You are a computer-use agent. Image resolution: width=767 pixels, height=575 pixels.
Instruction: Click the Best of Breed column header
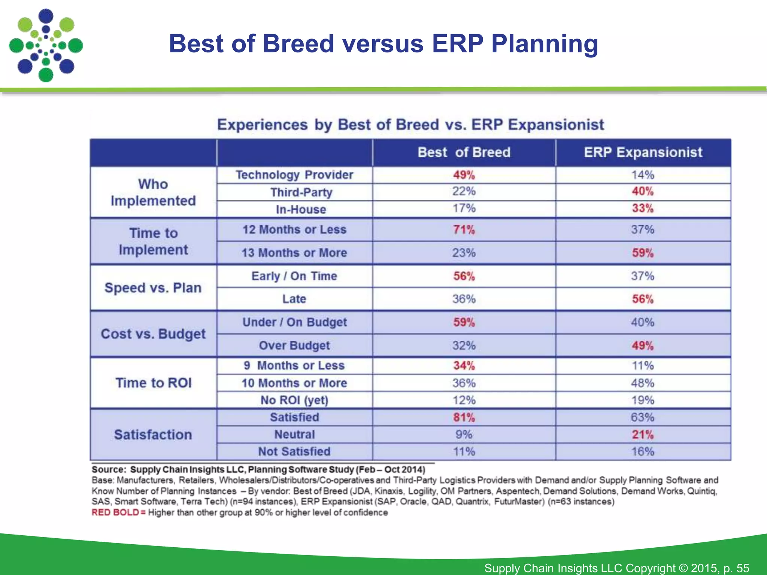click(464, 152)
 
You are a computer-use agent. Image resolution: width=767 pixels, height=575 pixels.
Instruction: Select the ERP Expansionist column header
click(643, 152)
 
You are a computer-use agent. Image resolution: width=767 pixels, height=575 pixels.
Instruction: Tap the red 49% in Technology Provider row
click(464, 175)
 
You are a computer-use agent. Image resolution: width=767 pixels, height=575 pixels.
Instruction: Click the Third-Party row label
click(301, 192)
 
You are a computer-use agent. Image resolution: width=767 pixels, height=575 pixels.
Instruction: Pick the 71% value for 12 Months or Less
click(464, 229)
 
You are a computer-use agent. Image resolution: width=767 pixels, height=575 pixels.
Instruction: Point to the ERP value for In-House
click(643, 208)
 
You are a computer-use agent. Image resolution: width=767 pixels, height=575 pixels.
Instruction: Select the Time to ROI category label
click(153, 383)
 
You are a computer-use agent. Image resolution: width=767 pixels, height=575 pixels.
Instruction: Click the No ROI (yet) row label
click(294, 400)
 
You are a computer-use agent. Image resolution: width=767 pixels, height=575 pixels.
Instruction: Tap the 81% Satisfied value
click(464, 417)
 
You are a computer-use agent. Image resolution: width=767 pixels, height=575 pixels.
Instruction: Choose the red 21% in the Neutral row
click(643, 435)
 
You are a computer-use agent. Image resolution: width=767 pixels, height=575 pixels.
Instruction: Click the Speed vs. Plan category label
click(153, 287)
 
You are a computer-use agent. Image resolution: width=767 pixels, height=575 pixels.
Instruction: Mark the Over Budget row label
click(294, 346)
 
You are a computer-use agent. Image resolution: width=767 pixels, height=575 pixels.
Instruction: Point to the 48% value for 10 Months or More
click(643, 383)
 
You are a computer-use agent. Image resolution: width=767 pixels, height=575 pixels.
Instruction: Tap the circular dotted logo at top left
click(46, 46)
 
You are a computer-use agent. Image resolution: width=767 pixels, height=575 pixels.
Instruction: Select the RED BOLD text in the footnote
click(115, 512)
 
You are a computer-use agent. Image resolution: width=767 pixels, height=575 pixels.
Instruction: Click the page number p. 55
click(736, 568)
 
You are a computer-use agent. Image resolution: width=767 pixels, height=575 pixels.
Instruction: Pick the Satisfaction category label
click(153, 435)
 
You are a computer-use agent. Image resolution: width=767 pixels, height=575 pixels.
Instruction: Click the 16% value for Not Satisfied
click(643, 452)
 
